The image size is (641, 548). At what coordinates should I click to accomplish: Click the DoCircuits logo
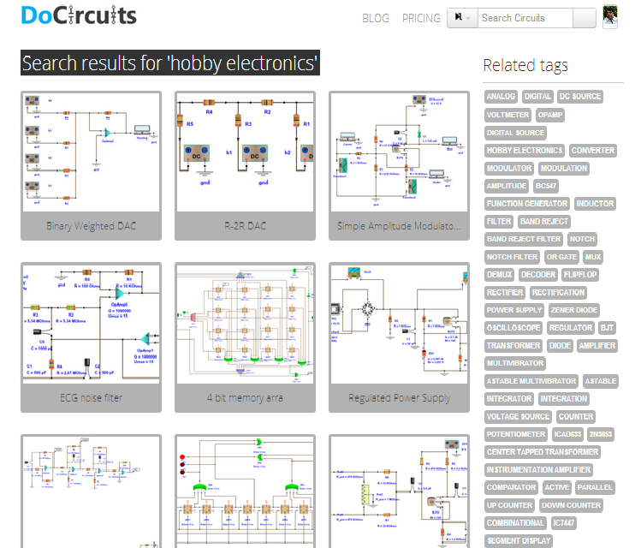(79, 16)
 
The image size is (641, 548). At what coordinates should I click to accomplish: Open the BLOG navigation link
(376, 18)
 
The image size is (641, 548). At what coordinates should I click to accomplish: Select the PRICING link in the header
(421, 18)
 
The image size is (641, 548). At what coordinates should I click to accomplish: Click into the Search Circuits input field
(524, 18)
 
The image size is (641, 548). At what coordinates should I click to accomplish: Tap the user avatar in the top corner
(610, 17)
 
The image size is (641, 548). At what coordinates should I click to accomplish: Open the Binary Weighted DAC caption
(91, 226)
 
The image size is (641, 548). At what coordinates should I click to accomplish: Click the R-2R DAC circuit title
(245, 226)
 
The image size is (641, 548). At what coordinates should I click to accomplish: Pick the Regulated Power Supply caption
(399, 397)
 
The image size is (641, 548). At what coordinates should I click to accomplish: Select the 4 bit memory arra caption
(245, 397)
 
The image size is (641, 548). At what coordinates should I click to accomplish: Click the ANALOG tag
(501, 97)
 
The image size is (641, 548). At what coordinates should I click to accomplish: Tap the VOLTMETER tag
(507, 115)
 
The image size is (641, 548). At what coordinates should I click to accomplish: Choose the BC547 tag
(546, 186)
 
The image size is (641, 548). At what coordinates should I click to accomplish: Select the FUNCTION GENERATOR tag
(527, 204)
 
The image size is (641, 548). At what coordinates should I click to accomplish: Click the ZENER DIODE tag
(574, 310)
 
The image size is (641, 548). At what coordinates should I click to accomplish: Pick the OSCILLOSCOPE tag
(513, 328)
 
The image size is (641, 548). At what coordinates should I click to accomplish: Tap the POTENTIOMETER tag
(516, 434)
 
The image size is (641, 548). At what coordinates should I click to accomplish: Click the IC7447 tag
(563, 523)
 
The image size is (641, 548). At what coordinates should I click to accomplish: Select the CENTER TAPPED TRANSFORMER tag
(543, 452)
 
